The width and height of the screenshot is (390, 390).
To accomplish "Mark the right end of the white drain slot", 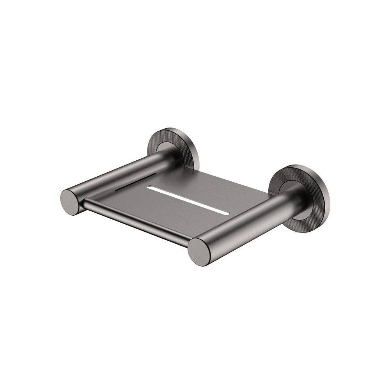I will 224,211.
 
